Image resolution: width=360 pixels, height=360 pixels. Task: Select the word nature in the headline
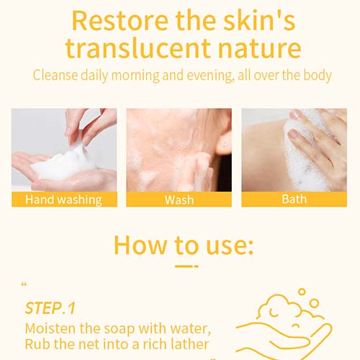point(259,49)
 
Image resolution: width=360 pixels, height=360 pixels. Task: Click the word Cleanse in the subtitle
point(55,75)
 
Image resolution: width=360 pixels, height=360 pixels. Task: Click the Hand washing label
point(63,200)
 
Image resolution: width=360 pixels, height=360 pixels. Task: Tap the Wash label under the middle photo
point(179,200)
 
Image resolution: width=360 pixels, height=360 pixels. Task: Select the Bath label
point(294,199)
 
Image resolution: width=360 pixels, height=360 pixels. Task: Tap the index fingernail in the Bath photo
point(293,134)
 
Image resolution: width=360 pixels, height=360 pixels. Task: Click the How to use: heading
point(184,246)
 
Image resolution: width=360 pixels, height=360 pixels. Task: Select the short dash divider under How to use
point(186,266)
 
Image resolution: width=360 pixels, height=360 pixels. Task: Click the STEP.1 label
point(50,308)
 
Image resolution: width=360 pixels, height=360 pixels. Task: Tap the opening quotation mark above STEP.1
point(24,285)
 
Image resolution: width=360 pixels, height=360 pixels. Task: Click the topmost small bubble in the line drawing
point(302,292)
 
